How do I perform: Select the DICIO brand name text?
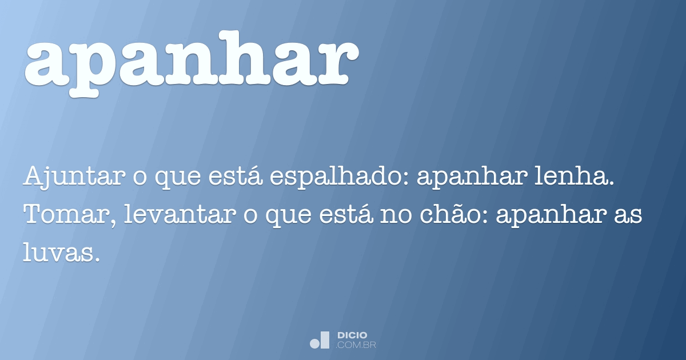point(352,335)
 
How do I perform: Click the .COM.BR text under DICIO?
point(356,345)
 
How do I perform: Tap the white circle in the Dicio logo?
point(314,343)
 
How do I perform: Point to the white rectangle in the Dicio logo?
point(325,339)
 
